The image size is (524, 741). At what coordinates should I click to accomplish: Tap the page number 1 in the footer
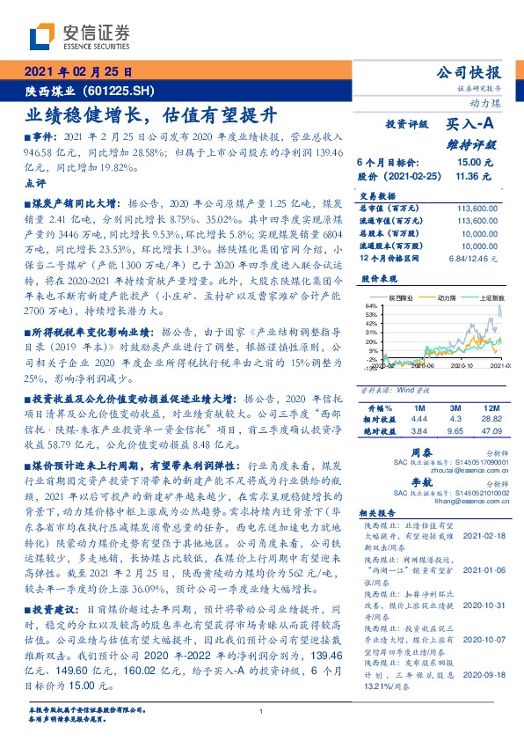click(261, 712)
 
